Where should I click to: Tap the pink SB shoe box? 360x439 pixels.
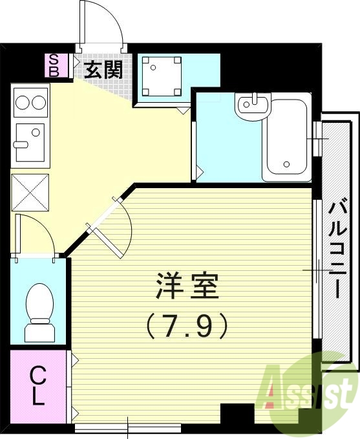[54, 65]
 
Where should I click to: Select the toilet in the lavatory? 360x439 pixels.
[40, 310]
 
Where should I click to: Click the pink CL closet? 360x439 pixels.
[38, 385]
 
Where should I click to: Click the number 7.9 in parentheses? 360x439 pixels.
[187, 325]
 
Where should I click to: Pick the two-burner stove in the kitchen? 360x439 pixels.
[30, 103]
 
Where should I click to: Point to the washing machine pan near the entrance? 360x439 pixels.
[161, 76]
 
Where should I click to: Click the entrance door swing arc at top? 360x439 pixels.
[103, 29]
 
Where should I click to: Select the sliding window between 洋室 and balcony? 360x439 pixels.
[316, 268]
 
